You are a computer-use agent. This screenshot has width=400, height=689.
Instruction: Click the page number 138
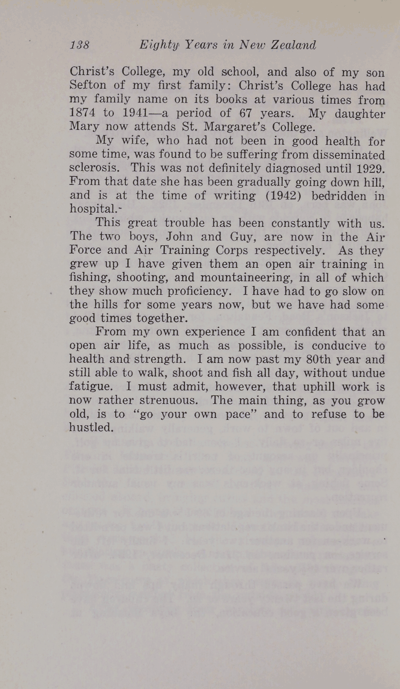(80, 45)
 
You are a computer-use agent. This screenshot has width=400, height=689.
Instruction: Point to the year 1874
(82, 113)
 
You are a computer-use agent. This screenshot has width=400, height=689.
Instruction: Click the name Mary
(82, 127)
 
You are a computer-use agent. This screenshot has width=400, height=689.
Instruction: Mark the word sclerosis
(94, 168)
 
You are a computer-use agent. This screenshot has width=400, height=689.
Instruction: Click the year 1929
(369, 168)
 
